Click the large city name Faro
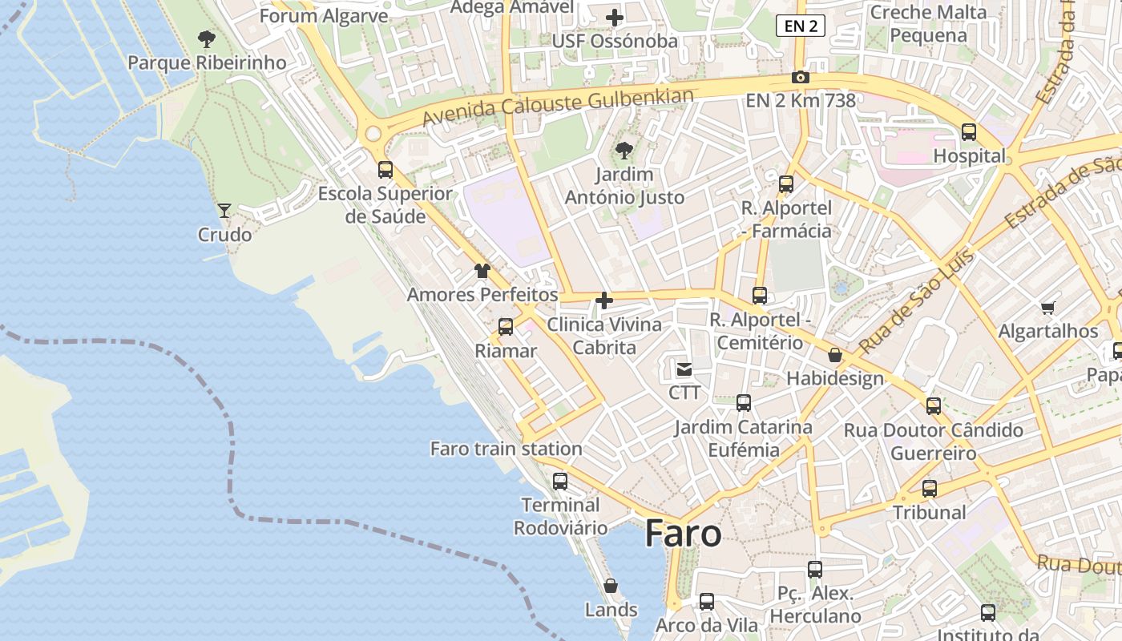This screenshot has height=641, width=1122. [x=683, y=533]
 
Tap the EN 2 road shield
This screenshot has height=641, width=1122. [x=800, y=26]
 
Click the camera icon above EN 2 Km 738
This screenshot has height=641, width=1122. [x=800, y=78]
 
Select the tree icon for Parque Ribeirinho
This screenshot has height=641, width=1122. [x=207, y=38]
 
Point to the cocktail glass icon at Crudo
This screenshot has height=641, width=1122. [x=224, y=211]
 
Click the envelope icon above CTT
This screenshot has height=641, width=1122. [x=684, y=369]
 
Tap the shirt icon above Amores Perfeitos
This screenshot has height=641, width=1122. [x=482, y=271]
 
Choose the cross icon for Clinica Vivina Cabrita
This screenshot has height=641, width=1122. [x=604, y=301]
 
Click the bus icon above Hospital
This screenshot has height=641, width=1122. [x=968, y=132]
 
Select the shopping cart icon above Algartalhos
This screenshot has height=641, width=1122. [x=1047, y=308]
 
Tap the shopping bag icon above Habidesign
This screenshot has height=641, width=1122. [x=835, y=355]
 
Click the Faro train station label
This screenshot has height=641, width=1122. [x=506, y=449]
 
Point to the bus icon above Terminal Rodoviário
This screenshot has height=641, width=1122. [x=560, y=482]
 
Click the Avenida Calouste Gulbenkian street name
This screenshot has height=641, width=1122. [x=557, y=107]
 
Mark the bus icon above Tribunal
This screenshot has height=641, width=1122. [x=929, y=488]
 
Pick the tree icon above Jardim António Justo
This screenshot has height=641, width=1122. [x=624, y=150]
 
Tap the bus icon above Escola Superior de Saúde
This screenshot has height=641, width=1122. [x=385, y=170]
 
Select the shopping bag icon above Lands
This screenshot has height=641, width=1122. [x=611, y=586]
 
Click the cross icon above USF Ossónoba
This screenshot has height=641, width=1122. [x=615, y=17]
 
